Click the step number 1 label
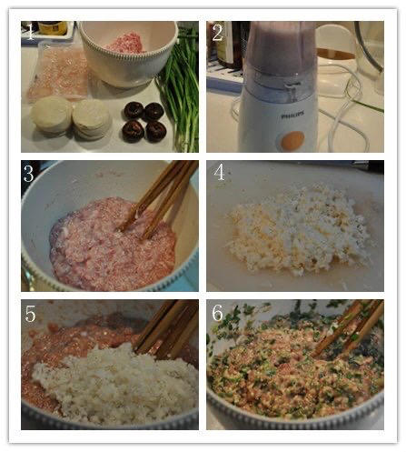[x=30, y=33]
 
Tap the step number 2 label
[x=217, y=33]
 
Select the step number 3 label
[x=28, y=174]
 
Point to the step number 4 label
[x=219, y=172]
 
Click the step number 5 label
[x=30, y=314]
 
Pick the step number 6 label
[x=217, y=313]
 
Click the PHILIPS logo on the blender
[x=292, y=116]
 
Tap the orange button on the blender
[x=292, y=140]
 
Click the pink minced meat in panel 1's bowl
[x=125, y=44]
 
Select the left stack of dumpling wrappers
[x=51, y=115]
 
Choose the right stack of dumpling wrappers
[x=92, y=120]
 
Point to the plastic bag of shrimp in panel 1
[x=59, y=73]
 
